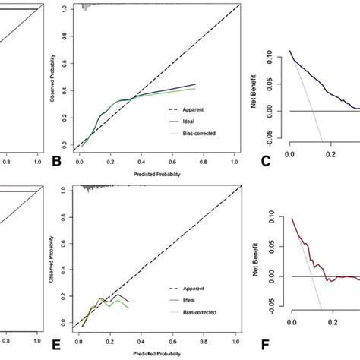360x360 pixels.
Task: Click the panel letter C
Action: pos(265,160)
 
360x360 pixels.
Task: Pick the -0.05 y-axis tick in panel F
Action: pos(272,321)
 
